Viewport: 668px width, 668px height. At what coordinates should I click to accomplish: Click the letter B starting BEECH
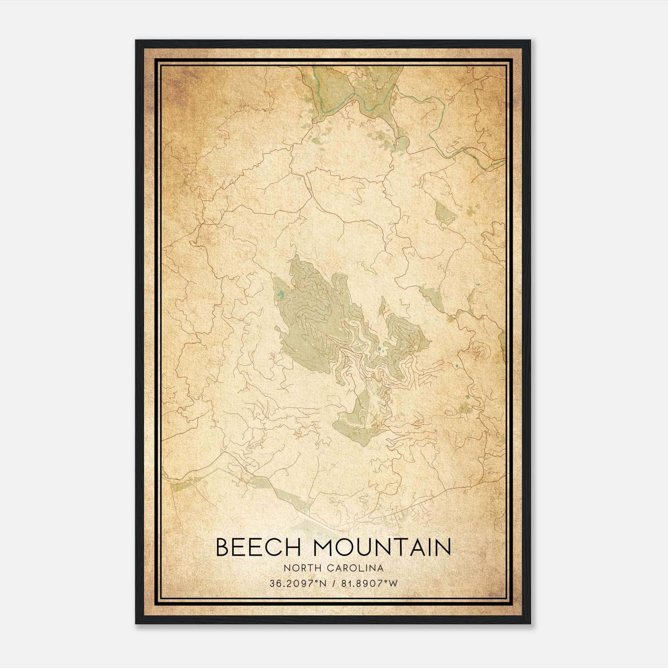click(222, 547)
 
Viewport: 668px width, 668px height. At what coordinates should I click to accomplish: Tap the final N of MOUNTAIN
click(444, 547)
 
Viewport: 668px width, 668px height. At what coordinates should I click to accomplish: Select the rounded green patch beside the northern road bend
click(402, 145)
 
